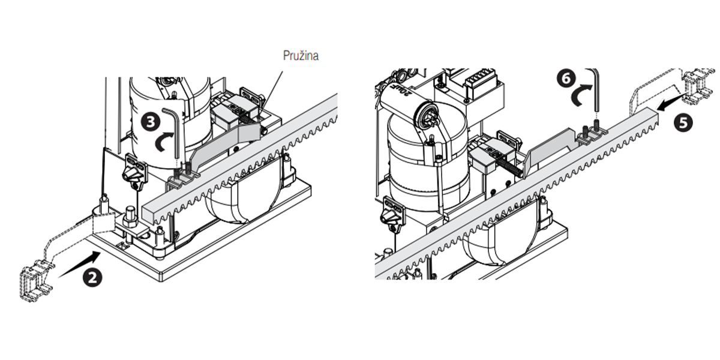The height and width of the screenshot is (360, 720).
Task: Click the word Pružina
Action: (301, 56)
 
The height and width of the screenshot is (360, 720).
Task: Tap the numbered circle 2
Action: (92, 278)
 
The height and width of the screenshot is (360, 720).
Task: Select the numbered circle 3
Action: (151, 122)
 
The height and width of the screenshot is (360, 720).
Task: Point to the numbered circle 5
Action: (683, 122)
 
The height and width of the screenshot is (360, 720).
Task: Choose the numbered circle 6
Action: (566, 78)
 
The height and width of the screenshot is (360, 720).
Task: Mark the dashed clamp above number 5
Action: (697, 86)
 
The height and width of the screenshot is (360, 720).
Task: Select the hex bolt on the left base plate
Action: (130, 214)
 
